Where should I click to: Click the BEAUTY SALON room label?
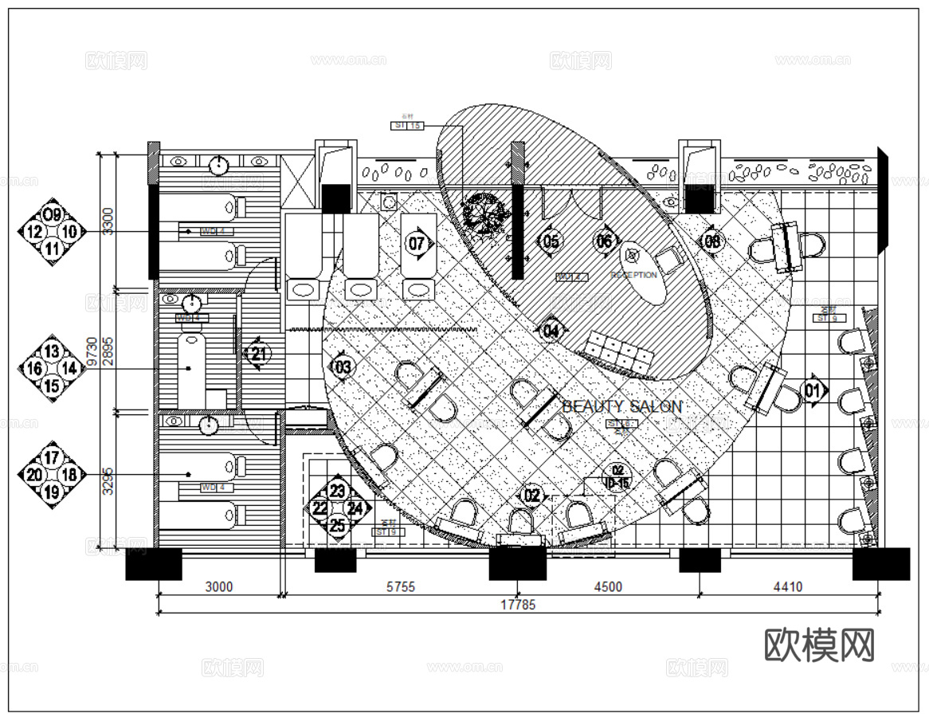pos(621,406)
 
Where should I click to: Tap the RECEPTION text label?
pos(633,275)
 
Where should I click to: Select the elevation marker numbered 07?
pos(417,242)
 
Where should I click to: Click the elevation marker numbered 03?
pos(343,367)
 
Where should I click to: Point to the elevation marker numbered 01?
pos(813,390)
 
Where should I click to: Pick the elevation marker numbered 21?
pos(258,353)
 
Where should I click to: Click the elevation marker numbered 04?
pos(551,328)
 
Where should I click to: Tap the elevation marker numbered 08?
pos(711,241)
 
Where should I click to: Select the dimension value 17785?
pos(518,605)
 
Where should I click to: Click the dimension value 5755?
pos(400,587)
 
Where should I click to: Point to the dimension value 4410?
pos(787,587)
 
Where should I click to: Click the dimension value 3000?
pos(219,587)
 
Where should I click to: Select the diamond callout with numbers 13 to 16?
pos(52,367)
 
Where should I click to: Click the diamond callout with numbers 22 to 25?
pos(338,508)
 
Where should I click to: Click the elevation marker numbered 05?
pos(551,241)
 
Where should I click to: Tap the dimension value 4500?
pos(607,587)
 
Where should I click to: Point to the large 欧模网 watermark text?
pos(819,645)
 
